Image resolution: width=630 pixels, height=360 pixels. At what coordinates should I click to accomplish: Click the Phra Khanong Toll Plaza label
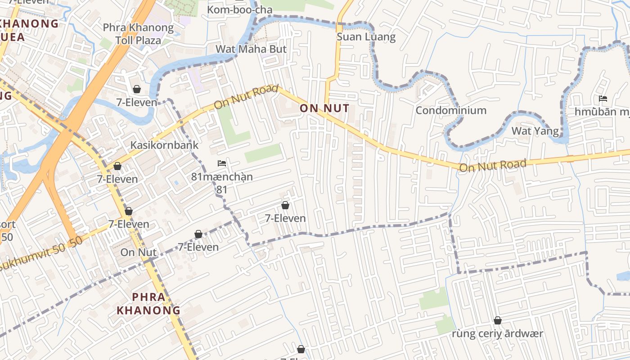tap(138, 34)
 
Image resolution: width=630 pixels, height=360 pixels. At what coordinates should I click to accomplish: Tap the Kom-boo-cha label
tap(239, 9)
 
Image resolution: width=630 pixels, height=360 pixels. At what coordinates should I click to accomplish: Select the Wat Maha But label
tap(251, 49)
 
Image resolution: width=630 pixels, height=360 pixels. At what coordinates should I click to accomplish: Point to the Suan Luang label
tap(366, 37)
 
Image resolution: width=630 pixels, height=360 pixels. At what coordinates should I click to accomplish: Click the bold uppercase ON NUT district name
tap(324, 108)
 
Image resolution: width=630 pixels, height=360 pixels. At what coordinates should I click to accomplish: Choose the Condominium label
tap(451, 110)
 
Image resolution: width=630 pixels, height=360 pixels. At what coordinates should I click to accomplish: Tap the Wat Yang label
tap(535, 131)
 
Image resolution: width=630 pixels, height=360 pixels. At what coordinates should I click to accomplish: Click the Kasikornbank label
tap(164, 145)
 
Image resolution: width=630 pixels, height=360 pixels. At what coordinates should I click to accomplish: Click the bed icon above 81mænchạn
tap(222, 163)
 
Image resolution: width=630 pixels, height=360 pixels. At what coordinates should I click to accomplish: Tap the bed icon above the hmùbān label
tap(603, 99)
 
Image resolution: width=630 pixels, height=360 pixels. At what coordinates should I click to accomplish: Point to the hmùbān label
tap(602, 112)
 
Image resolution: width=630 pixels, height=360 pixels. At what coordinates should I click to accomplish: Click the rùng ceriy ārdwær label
tap(497, 334)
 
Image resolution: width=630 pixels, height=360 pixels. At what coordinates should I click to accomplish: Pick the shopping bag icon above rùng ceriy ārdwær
tap(498, 320)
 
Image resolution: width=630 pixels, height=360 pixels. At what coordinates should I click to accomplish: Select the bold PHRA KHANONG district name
tap(148, 303)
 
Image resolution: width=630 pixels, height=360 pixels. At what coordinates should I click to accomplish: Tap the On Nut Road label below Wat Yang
tap(492, 166)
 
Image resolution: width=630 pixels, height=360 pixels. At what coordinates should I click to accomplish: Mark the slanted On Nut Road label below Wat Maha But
tap(246, 97)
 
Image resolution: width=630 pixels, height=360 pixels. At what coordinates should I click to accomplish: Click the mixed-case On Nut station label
tap(138, 252)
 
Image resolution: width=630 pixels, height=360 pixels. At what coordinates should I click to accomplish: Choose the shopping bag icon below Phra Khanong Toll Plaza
tap(136, 89)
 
